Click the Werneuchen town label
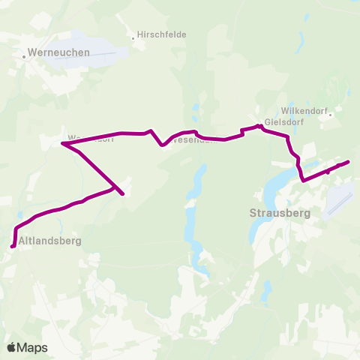(x=58, y=52)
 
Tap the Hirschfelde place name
(x=161, y=34)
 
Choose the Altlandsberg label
(x=49, y=241)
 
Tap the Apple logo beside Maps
(x=11, y=347)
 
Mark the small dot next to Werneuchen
(x=24, y=52)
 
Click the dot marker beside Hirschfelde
(x=133, y=34)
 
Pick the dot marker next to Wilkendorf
(x=329, y=115)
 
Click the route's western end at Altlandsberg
(x=12, y=245)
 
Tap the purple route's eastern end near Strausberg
(x=349, y=162)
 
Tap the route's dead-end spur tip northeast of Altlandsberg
(x=122, y=195)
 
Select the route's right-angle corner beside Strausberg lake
(x=303, y=180)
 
